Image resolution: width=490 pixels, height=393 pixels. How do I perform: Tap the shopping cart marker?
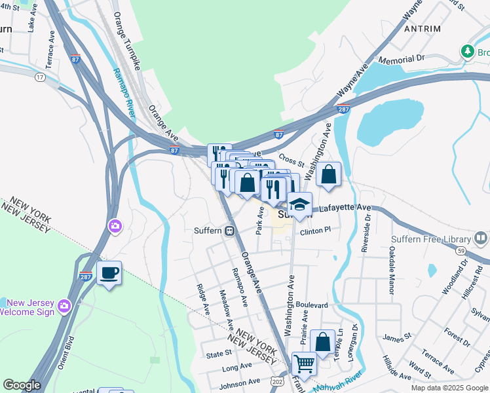coord(303,363)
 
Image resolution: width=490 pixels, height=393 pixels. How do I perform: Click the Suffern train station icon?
coord(230,231)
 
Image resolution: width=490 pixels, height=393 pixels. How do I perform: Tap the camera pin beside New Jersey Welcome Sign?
coord(64,305)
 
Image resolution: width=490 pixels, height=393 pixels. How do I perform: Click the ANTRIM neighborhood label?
coord(423,29)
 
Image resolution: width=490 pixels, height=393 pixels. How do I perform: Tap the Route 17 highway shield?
coord(41,77)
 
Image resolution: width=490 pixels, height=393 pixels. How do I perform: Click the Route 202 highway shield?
coord(277,381)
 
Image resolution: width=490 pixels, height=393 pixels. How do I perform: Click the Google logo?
coord(22,384)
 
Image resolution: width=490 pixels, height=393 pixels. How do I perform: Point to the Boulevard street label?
coord(311,305)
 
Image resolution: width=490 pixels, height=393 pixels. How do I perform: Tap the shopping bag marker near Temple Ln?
coord(322,341)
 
